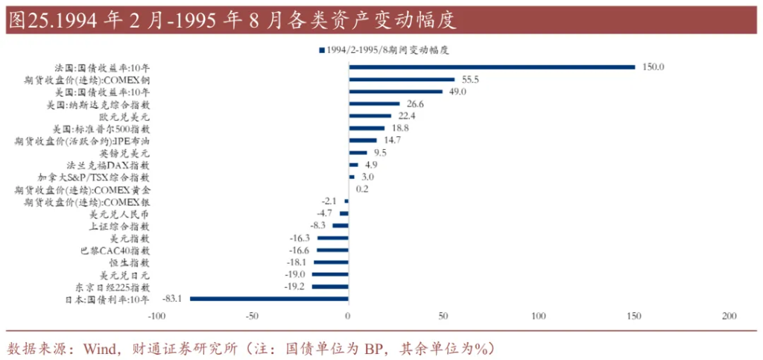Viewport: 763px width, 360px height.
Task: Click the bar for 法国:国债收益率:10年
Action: [492, 67]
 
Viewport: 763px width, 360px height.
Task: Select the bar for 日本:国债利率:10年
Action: [269, 299]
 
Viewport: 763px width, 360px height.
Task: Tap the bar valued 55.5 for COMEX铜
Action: [402, 79]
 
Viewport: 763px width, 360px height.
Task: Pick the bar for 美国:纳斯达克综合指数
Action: [374, 104]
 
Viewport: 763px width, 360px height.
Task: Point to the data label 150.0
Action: [653, 67]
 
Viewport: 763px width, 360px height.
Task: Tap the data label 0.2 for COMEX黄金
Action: [362, 189]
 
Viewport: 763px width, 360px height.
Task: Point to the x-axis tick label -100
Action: [156, 317]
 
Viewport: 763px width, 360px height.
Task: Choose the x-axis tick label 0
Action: [348, 317]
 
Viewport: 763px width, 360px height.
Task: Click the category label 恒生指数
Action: [130, 262]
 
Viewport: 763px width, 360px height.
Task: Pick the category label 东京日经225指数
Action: [113, 287]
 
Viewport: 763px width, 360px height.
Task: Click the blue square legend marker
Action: [321, 50]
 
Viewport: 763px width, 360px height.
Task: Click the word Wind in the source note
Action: [98, 348]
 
